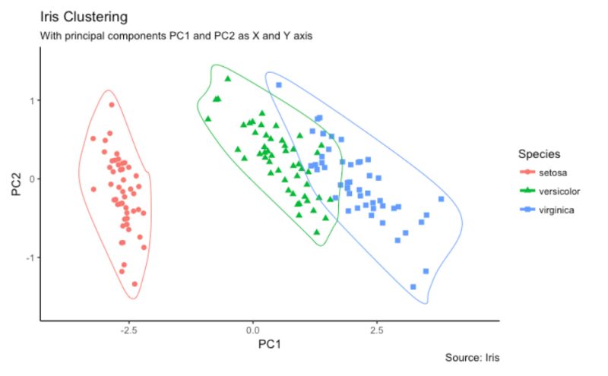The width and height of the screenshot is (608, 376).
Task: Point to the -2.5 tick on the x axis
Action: coord(128,330)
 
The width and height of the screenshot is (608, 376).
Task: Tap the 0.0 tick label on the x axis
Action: coord(252,330)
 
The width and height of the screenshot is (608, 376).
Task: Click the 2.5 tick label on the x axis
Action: coord(376,330)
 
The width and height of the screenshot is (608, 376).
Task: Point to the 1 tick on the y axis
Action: coord(31,100)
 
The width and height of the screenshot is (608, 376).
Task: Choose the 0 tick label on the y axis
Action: coord(31,179)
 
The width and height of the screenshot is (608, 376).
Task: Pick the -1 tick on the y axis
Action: coord(30,258)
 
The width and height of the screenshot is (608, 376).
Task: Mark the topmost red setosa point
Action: coord(111,105)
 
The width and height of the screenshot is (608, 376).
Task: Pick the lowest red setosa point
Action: coord(135,284)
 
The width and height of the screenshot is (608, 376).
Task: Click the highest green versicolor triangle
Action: coord(227,78)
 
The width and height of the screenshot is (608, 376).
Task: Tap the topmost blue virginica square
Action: coord(279,85)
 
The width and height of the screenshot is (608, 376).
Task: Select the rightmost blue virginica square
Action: coord(441,199)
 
